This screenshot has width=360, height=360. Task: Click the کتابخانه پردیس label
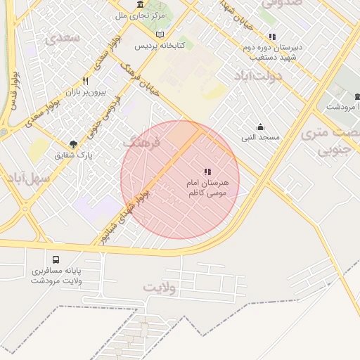[160, 46]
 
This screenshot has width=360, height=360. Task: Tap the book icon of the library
[160, 34]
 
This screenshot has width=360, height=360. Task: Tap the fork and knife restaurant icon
[85, 81]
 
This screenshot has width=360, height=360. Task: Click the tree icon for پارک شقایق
[74, 143]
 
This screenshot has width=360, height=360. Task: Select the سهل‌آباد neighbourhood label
[30, 178]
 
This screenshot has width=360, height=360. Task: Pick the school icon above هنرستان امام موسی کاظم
[207, 172]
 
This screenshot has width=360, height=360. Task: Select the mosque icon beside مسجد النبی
[260, 127]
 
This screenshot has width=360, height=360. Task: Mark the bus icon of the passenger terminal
[56, 259]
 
